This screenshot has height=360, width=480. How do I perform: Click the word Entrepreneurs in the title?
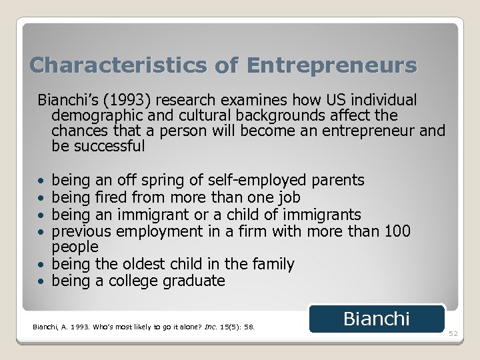click(331, 65)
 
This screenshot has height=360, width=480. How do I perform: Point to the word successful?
click(108, 145)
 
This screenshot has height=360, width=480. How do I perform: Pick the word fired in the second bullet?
click(111, 197)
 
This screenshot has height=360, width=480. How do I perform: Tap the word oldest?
click(153, 264)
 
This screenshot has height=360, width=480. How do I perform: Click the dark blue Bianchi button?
click(377, 319)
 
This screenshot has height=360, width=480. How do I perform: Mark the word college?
click(131, 281)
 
